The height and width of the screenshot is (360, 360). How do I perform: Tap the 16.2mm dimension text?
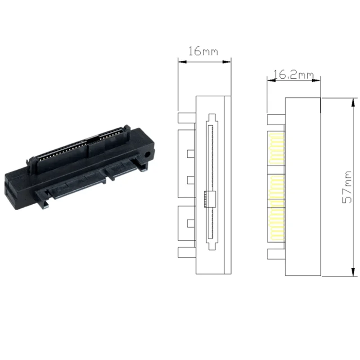(293, 74)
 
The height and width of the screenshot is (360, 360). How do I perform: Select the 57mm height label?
(347, 187)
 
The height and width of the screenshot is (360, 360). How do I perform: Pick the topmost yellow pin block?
(276, 148)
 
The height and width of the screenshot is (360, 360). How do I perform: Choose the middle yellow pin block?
(276, 189)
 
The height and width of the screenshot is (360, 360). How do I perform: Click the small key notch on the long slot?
(208, 198)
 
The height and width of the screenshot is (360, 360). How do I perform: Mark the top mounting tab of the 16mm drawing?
(187, 118)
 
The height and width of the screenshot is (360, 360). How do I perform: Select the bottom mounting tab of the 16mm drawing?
(187, 253)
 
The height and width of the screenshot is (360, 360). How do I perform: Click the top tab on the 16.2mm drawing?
(276, 120)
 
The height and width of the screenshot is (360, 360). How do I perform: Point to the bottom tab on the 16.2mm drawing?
(276, 254)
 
